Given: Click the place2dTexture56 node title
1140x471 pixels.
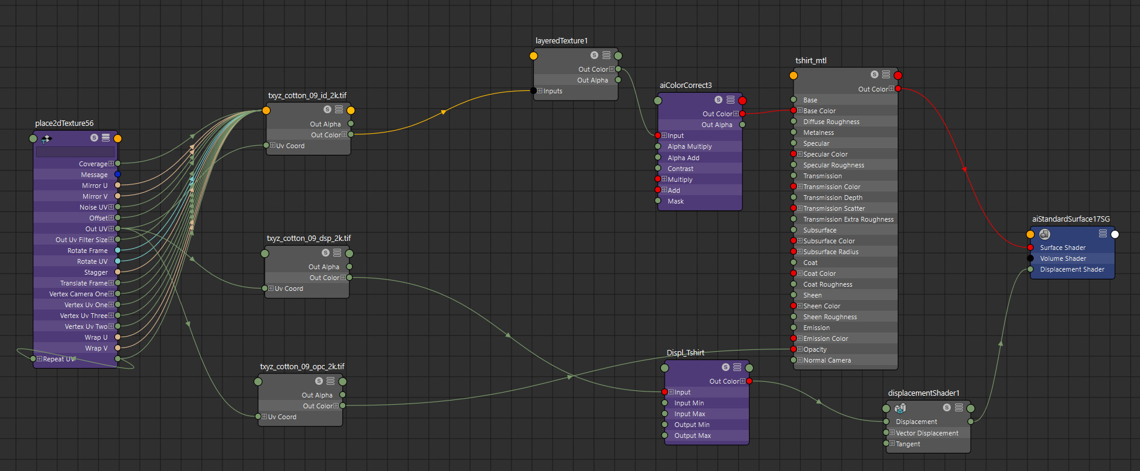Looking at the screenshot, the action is (x=64, y=123).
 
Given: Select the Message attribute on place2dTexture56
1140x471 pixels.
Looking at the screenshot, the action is (x=94, y=175).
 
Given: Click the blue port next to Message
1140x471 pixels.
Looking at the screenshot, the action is (x=117, y=175).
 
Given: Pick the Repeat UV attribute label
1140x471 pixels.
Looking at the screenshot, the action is (x=59, y=359).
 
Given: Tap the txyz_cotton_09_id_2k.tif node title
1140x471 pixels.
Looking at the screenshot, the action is (x=307, y=96).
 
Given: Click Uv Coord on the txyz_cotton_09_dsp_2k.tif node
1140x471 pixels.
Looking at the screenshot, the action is (x=289, y=289).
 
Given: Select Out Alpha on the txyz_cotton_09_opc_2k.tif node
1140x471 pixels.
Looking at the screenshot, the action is (x=317, y=395).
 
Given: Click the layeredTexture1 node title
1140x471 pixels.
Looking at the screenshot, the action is (x=562, y=41).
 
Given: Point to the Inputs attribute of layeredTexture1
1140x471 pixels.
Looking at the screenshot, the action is (x=553, y=91).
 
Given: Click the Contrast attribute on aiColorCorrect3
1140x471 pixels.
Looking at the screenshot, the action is (x=680, y=169).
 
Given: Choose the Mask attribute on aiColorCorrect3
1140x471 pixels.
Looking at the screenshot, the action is (x=675, y=201).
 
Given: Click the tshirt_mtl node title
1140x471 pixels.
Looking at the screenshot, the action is (x=811, y=61).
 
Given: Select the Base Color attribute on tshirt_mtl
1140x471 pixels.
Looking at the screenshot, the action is (x=819, y=111).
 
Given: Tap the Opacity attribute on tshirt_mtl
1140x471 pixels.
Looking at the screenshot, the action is (x=815, y=349).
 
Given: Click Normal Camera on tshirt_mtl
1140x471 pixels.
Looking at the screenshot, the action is (x=827, y=360).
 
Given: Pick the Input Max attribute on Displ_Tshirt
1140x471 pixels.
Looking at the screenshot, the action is (x=690, y=414).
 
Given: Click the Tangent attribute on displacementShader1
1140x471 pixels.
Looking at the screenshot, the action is (x=908, y=444).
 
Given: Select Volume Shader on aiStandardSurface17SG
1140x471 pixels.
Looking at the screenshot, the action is (x=1063, y=258).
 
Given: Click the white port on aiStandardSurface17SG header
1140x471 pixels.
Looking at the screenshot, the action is (x=1115, y=234).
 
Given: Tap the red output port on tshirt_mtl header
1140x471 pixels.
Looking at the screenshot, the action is (x=898, y=75).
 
